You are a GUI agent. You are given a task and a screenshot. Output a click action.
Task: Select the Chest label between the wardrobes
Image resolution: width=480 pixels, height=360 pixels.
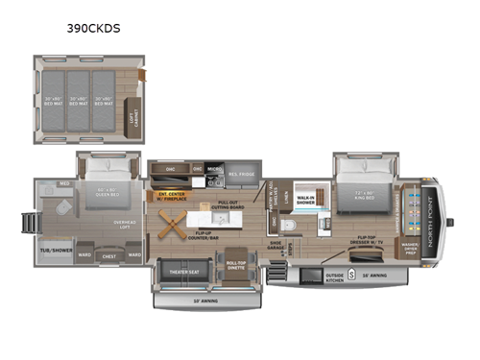(x=108, y=256)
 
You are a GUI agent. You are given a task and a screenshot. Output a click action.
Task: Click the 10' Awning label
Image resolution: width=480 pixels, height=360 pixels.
(x=205, y=301)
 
